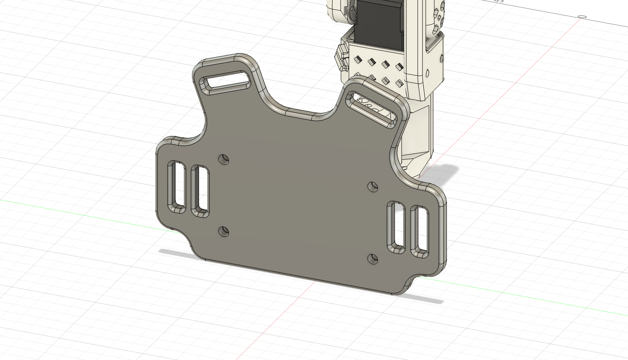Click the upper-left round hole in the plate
tap(224, 159)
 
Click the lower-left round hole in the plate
tap(224, 231)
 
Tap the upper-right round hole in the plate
tap(373, 187)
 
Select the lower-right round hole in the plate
tap(373, 259)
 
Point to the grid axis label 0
tap(582, 17)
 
